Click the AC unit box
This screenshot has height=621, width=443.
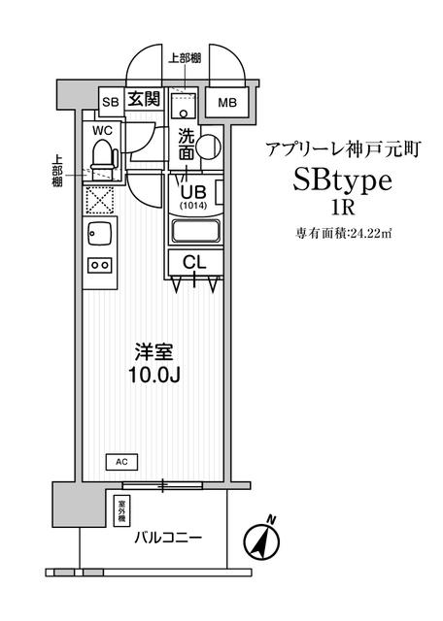pos(122,462)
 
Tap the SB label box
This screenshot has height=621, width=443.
pos(111,102)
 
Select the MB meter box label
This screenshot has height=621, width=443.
pos(227,103)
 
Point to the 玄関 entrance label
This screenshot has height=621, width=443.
pos(144,98)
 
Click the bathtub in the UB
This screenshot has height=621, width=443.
pos(195,231)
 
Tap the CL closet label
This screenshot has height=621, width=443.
pos(194,262)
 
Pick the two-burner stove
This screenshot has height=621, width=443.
pos(99,265)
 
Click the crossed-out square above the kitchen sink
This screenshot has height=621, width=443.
pos(99,201)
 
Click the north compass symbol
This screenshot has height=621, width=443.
pos(261,540)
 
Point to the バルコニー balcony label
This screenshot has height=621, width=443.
pos(168,538)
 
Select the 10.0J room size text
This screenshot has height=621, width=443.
pos(154,376)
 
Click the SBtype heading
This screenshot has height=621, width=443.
pos(343,181)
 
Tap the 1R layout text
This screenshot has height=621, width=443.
pos(343,208)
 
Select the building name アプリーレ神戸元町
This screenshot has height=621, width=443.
pos(343,149)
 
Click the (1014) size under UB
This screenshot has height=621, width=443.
pos(194,206)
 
